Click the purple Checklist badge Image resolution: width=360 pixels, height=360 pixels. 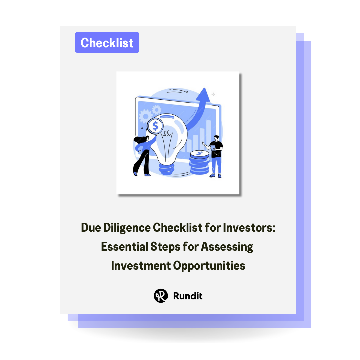tap(107, 42)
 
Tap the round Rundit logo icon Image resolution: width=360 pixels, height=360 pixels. tap(160, 295)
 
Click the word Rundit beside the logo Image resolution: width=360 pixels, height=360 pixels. tap(188, 295)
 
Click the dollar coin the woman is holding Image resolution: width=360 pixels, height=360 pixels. tap(155, 126)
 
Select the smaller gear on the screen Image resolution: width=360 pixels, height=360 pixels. tap(156, 109)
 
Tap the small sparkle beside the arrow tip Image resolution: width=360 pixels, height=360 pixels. tap(213, 94)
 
